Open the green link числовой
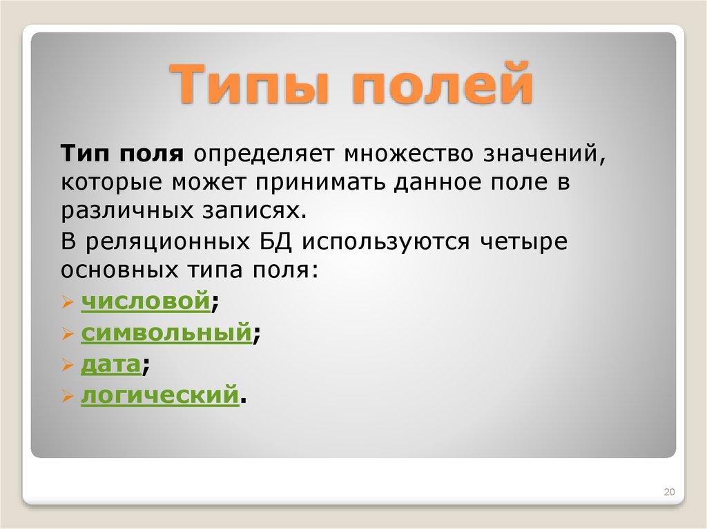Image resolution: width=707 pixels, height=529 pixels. pyautogui.click(x=145, y=301)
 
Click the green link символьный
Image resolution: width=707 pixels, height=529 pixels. pyautogui.click(x=166, y=333)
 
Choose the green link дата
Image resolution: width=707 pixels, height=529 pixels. pyautogui.click(x=111, y=364)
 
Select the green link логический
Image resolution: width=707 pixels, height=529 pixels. pyautogui.click(x=160, y=396)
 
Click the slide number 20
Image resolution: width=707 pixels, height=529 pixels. pyautogui.click(x=668, y=492)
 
